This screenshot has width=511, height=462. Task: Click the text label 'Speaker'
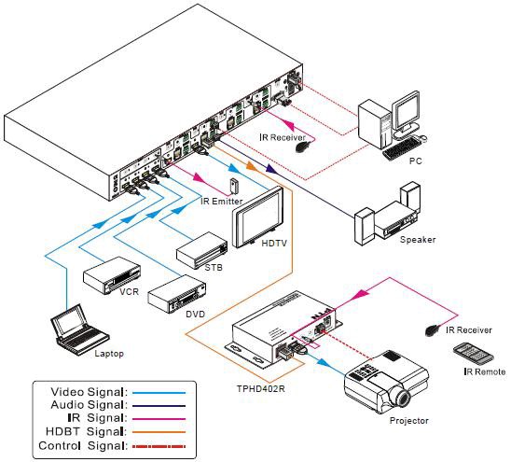click(417, 240)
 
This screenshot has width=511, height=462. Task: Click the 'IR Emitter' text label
click(221, 201)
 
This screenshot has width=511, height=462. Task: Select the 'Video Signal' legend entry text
click(87, 392)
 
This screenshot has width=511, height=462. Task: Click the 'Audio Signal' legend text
click(87, 405)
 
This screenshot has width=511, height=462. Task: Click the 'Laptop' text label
click(108, 354)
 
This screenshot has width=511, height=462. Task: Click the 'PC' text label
click(416, 161)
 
